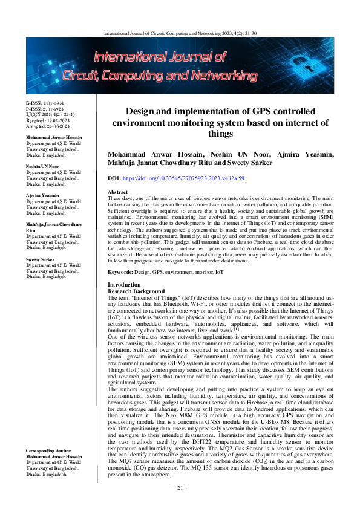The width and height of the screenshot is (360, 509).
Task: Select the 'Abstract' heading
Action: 119,175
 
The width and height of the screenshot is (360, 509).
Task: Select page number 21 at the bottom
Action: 180,504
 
